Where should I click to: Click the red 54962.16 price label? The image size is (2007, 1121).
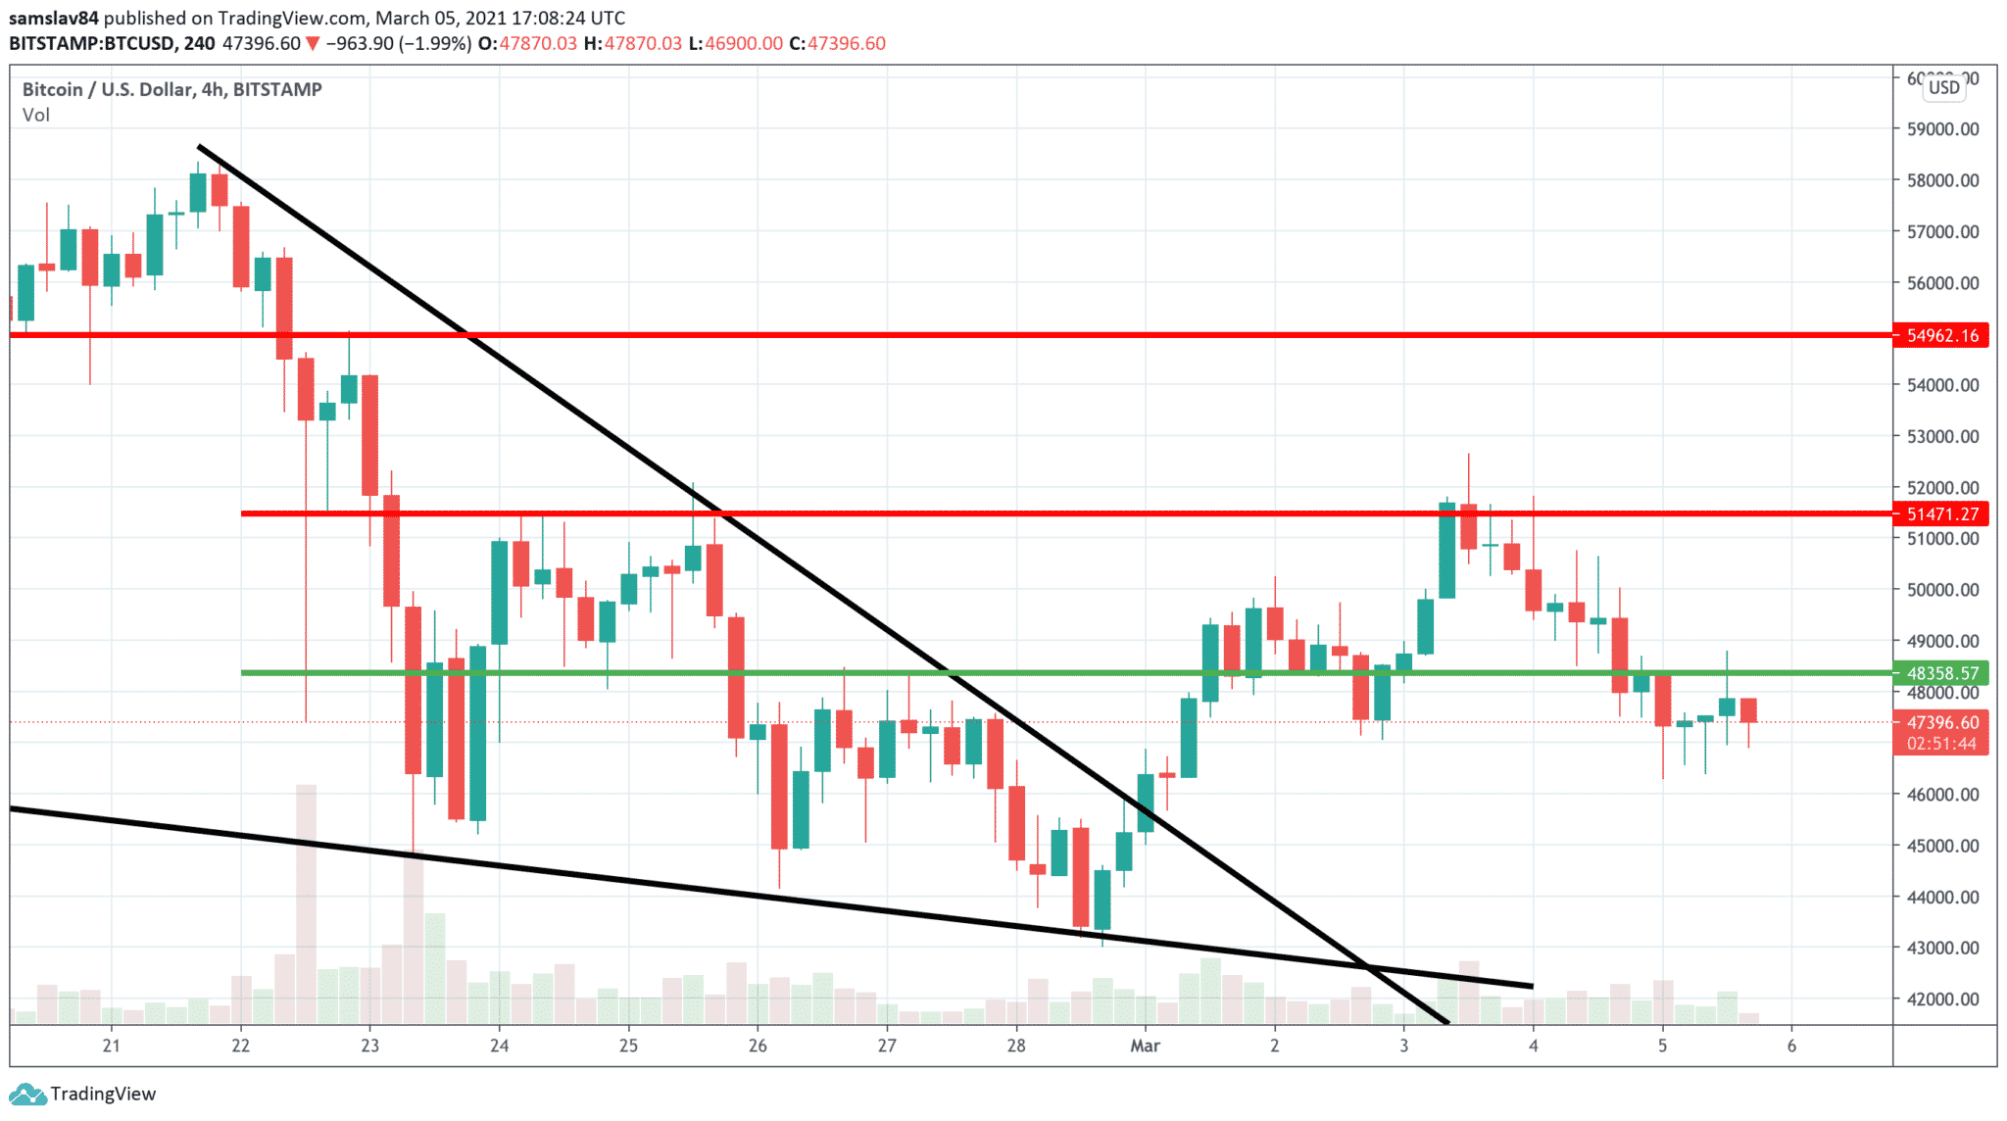(1941, 335)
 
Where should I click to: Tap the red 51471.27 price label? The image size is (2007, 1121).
(1941, 513)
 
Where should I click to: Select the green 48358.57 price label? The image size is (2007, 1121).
(1941, 673)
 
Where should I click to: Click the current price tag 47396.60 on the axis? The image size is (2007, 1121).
(1941, 722)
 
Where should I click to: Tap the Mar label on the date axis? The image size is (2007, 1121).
(1145, 1046)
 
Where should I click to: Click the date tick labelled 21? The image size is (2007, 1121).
(111, 1046)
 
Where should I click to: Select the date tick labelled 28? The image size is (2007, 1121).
(1016, 1046)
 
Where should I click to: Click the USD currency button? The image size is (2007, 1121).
(1944, 87)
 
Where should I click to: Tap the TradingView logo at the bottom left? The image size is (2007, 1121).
(82, 1094)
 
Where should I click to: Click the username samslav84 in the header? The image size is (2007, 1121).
(54, 18)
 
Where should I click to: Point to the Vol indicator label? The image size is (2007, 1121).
(36, 115)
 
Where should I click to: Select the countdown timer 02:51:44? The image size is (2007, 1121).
(1941, 744)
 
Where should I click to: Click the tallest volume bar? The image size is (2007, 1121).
(306, 902)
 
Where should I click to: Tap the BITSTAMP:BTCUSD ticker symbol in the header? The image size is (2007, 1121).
(92, 43)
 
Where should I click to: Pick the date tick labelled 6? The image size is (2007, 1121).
(1791, 1046)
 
